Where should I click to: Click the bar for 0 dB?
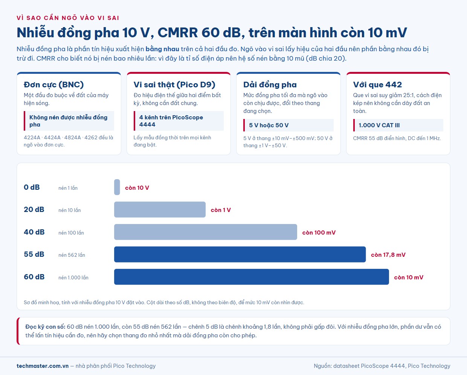(x=117, y=187)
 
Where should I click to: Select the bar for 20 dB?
(x=160, y=210)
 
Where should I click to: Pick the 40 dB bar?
(x=206, y=232)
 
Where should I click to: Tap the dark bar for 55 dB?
(x=240, y=255)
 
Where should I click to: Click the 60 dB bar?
(x=252, y=277)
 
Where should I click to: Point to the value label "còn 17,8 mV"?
(x=388, y=255)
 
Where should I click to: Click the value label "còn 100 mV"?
(x=319, y=232)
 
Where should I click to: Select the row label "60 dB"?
(x=34, y=277)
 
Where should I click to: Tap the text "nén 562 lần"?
(x=72, y=255)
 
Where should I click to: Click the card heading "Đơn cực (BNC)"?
(x=53, y=85)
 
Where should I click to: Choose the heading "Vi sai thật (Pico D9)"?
(x=174, y=85)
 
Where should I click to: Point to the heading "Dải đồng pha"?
(x=270, y=85)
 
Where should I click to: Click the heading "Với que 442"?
(x=377, y=85)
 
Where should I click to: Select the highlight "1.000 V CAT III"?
(x=379, y=125)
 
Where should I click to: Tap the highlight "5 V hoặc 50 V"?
(x=269, y=125)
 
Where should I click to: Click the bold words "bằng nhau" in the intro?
(x=162, y=49)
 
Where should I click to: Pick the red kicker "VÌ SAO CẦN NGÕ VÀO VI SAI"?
(x=68, y=18)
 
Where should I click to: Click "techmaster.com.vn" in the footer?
(x=43, y=366)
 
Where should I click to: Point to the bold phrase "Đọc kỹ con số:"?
(x=45, y=327)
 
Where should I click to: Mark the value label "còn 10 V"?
(x=137, y=188)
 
